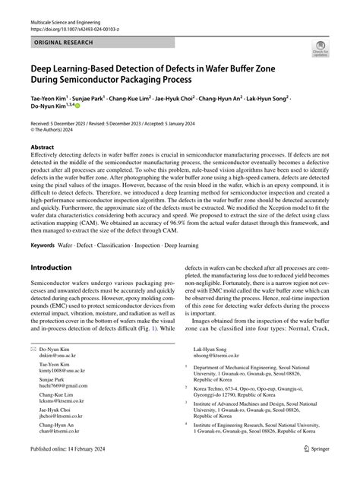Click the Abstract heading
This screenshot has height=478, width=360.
pos(42,149)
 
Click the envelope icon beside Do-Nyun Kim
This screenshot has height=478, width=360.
pos(33,348)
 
